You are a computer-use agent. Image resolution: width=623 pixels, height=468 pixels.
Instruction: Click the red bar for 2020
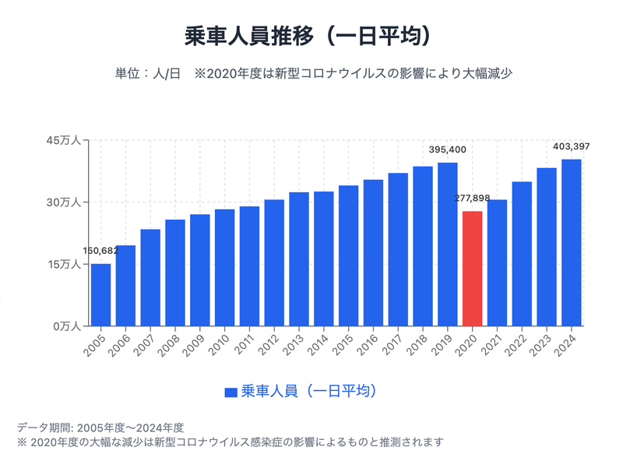pos(473,269)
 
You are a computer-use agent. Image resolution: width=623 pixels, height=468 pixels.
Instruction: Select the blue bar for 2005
pos(100,295)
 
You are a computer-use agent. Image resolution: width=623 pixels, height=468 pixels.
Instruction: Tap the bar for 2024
pos(572,243)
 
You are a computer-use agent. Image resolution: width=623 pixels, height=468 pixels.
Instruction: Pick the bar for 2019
pos(448,245)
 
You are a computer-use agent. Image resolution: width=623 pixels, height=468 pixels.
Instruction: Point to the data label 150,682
pos(100,251)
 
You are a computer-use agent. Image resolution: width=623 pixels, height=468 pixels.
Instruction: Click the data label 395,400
pos(448,150)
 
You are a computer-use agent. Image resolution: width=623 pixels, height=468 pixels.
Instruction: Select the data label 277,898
pos(473,199)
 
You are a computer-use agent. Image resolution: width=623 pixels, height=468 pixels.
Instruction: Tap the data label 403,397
pos(572,146)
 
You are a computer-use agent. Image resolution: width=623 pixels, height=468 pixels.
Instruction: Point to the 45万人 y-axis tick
pos(64,140)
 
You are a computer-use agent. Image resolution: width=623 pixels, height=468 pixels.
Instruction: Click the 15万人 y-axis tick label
pos(64,264)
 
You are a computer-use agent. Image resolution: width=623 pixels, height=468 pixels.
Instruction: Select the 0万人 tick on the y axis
pos(66,326)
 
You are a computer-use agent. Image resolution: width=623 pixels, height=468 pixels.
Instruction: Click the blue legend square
pos(231,392)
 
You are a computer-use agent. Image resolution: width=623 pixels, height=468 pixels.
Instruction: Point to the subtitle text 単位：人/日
pos(148,74)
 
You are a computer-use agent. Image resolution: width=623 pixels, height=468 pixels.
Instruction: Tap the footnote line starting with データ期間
pos(100,427)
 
